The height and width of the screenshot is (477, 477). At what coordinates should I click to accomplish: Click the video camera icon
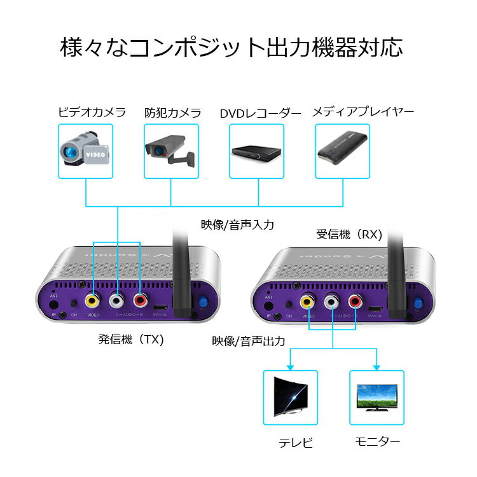pos(85,151)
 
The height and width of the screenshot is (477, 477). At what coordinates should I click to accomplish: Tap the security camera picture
pos(170,151)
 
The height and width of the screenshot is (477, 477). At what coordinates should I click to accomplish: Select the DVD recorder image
pos(256,151)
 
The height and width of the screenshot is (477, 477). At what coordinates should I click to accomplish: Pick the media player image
pos(342,151)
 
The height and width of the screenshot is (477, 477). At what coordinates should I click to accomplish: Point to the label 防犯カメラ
pos(172,113)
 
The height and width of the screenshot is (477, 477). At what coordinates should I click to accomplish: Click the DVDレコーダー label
pos(260,113)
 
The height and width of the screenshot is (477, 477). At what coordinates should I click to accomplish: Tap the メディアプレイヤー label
pos(363,112)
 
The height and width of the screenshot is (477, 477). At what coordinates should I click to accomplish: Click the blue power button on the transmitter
pos(204,303)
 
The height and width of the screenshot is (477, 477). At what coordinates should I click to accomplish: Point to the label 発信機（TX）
pos(131,339)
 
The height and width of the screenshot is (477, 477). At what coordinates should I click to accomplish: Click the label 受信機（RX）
pos(349,234)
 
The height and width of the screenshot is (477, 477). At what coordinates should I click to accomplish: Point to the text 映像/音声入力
pos(238,224)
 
